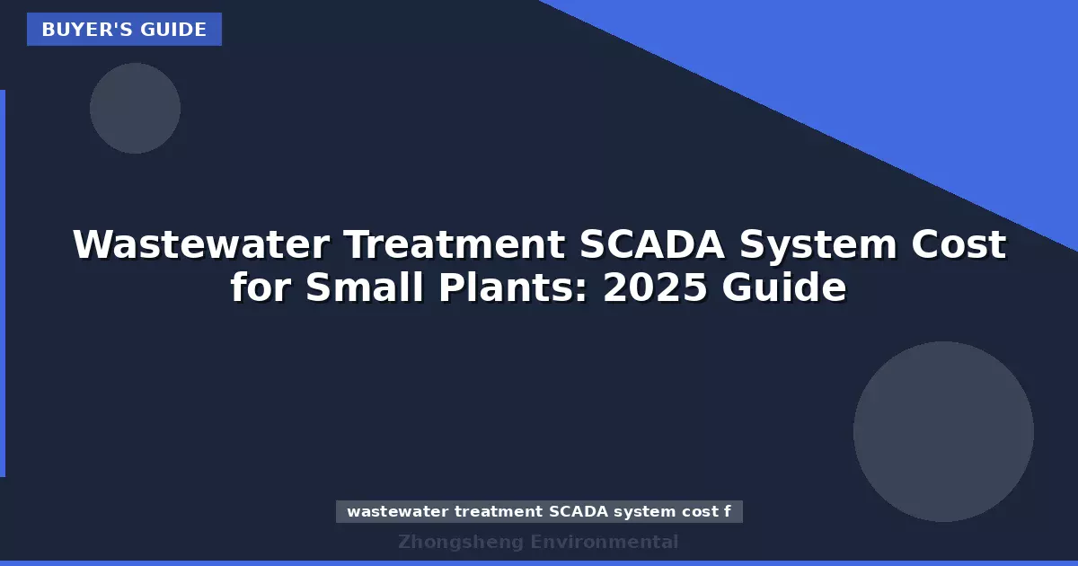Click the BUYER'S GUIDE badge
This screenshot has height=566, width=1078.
click(x=124, y=30)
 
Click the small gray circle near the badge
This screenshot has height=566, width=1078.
click(x=135, y=108)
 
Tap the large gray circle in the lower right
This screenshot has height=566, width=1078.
click(x=943, y=431)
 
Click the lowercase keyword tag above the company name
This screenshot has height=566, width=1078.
click(x=539, y=512)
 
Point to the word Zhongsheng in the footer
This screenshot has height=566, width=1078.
click(x=460, y=542)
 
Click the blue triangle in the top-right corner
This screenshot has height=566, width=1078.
click(x=898, y=72)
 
